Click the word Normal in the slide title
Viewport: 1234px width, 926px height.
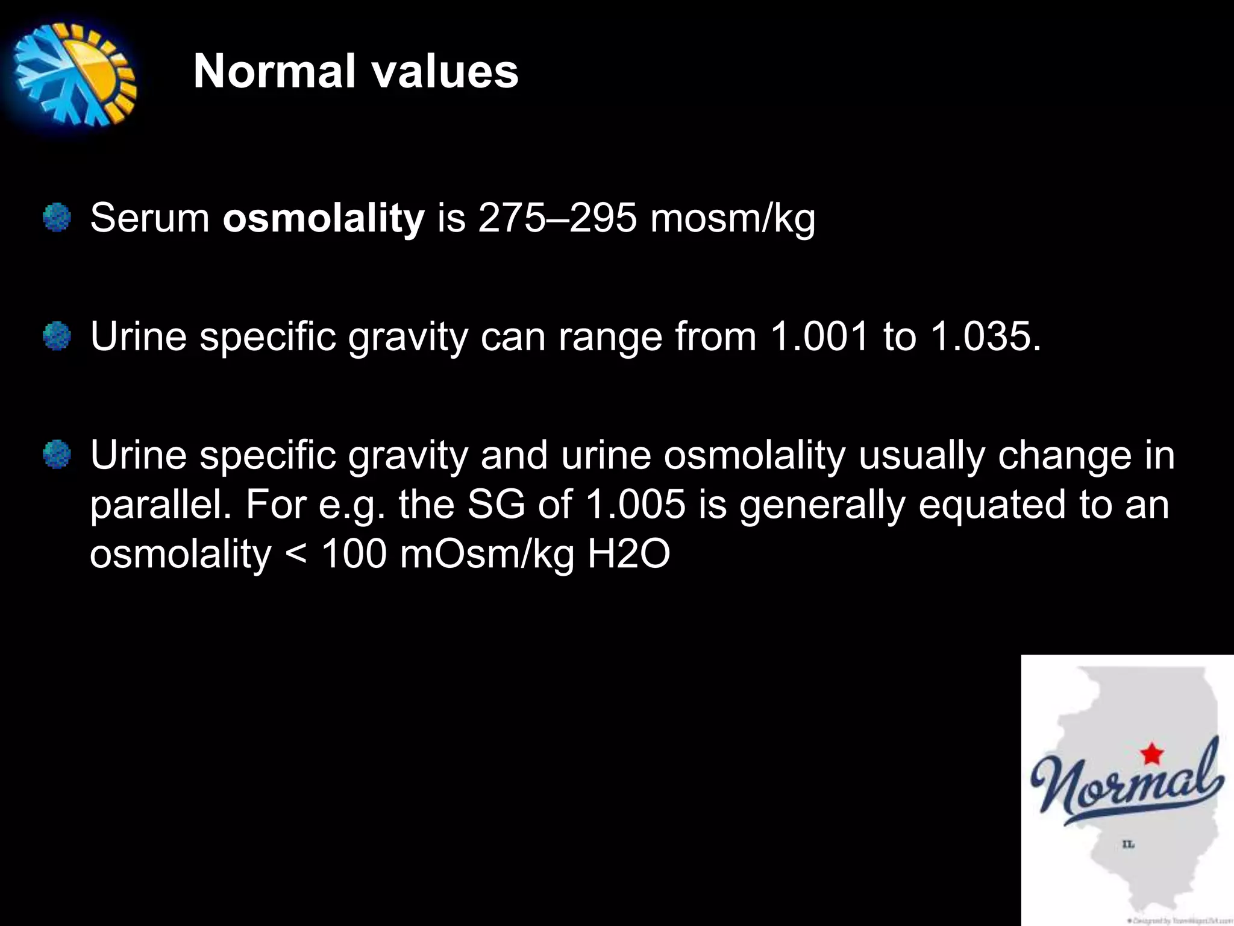pyautogui.click(x=275, y=71)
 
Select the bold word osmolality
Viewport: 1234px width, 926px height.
pyautogui.click(x=324, y=218)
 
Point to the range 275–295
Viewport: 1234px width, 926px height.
pyautogui.click(x=557, y=218)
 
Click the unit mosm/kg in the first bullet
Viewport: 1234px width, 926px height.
pyautogui.click(x=733, y=219)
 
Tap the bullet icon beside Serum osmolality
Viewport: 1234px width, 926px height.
pyautogui.click(x=57, y=217)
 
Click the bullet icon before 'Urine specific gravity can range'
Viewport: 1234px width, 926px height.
pyautogui.click(x=57, y=336)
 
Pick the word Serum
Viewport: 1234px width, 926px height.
pyautogui.click(x=149, y=218)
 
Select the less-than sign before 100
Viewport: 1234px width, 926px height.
pyautogui.click(x=296, y=553)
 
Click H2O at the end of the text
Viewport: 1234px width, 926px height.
pyautogui.click(x=628, y=553)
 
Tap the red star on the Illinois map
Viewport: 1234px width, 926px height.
pyautogui.click(x=1151, y=754)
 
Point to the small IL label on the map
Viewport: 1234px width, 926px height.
pyautogui.click(x=1128, y=845)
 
